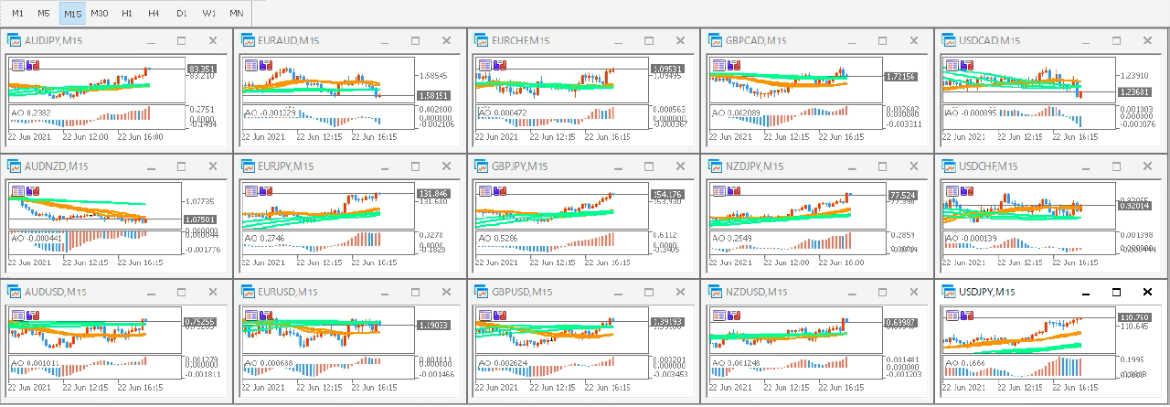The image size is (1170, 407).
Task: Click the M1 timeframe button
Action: pyautogui.click(x=17, y=14)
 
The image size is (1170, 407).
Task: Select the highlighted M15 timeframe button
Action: pyautogui.click(x=72, y=14)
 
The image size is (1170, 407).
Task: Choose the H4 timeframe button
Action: pyautogui.click(x=154, y=14)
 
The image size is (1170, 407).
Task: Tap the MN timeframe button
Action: pyautogui.click(x=236, y=14)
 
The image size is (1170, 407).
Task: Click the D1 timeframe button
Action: pyautogui.click(x=181, y=14)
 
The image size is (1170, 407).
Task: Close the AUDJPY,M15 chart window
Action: pyautogui.click(x=213, y=40)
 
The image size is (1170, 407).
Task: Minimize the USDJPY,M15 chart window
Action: pyautogui.click(x=1085, y=292)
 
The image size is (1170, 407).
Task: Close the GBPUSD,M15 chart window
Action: pyautogui.click(x=681, y=292)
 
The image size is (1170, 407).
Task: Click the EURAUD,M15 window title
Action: pyautogui.click(x=289, y=40)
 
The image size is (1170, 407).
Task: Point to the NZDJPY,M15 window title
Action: pyautogui.click(x=756, y=166)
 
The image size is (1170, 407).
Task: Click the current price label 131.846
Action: pyautogui.click(x=432, y=194)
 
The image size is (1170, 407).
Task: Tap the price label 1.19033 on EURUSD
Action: pyautogui.click(x=432, y=325)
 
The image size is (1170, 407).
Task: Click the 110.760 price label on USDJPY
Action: pyautogui.click(x=1134, y=317)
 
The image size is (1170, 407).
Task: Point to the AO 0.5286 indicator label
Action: pyautogui.click(x=498, y=238)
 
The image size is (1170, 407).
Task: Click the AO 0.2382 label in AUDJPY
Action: pyautogui.click(x=30, y=112)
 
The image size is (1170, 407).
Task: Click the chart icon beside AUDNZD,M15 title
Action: pyautogui.click(x=14, y=166)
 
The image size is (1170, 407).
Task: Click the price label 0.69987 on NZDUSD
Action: pyautogui.click(x=900, y=323)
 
